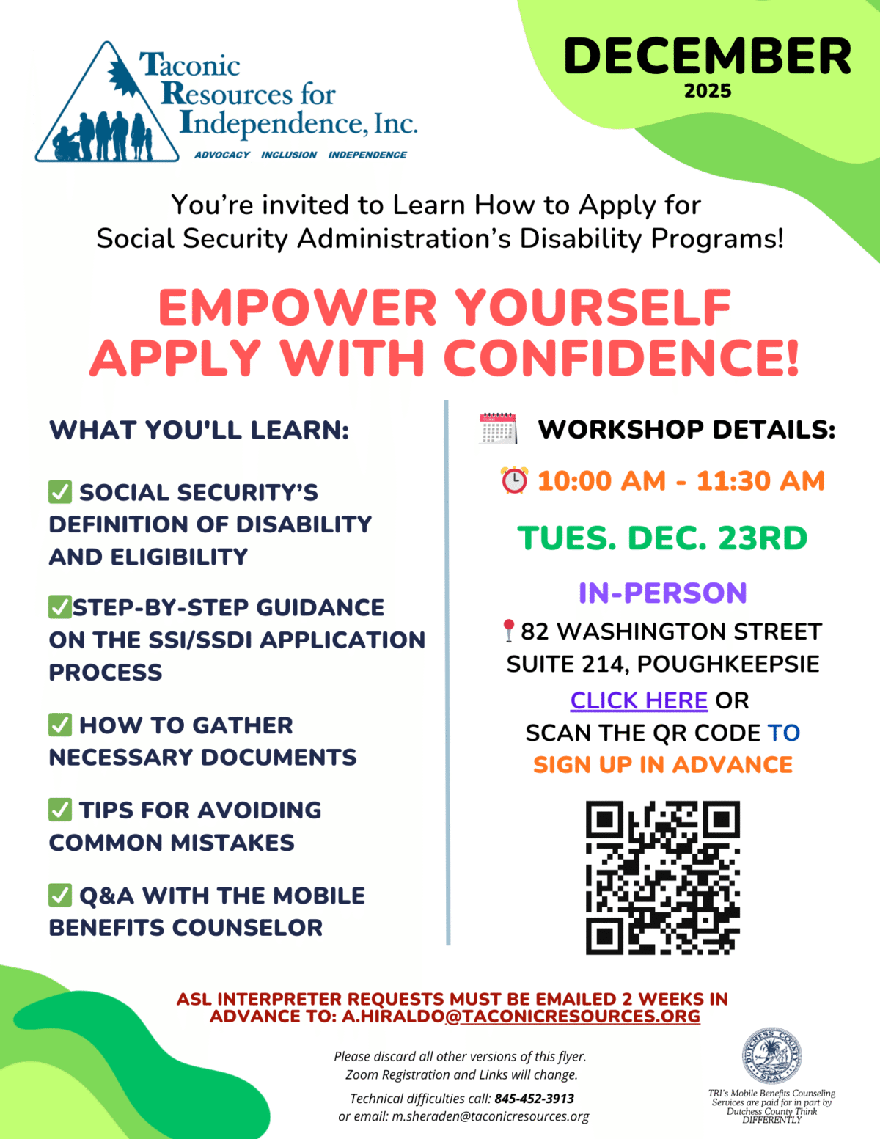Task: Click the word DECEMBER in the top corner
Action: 707,57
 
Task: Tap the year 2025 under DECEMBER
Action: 708,92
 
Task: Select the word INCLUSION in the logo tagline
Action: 289,155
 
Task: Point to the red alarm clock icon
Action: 514,480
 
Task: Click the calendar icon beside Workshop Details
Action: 498,429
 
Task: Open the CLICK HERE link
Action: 639,700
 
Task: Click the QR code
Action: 662,877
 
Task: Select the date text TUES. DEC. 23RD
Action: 662,538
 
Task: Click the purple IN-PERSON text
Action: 662,593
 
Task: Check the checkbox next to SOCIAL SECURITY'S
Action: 60,492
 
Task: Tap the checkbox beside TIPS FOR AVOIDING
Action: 60,810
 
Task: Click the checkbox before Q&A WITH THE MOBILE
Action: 60,896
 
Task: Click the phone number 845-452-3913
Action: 534,1099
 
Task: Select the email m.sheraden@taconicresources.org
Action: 490,1116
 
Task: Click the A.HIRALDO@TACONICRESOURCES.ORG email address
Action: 521,1017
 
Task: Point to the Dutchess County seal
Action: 771,1057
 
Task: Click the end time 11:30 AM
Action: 760,481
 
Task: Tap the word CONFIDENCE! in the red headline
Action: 620,359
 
